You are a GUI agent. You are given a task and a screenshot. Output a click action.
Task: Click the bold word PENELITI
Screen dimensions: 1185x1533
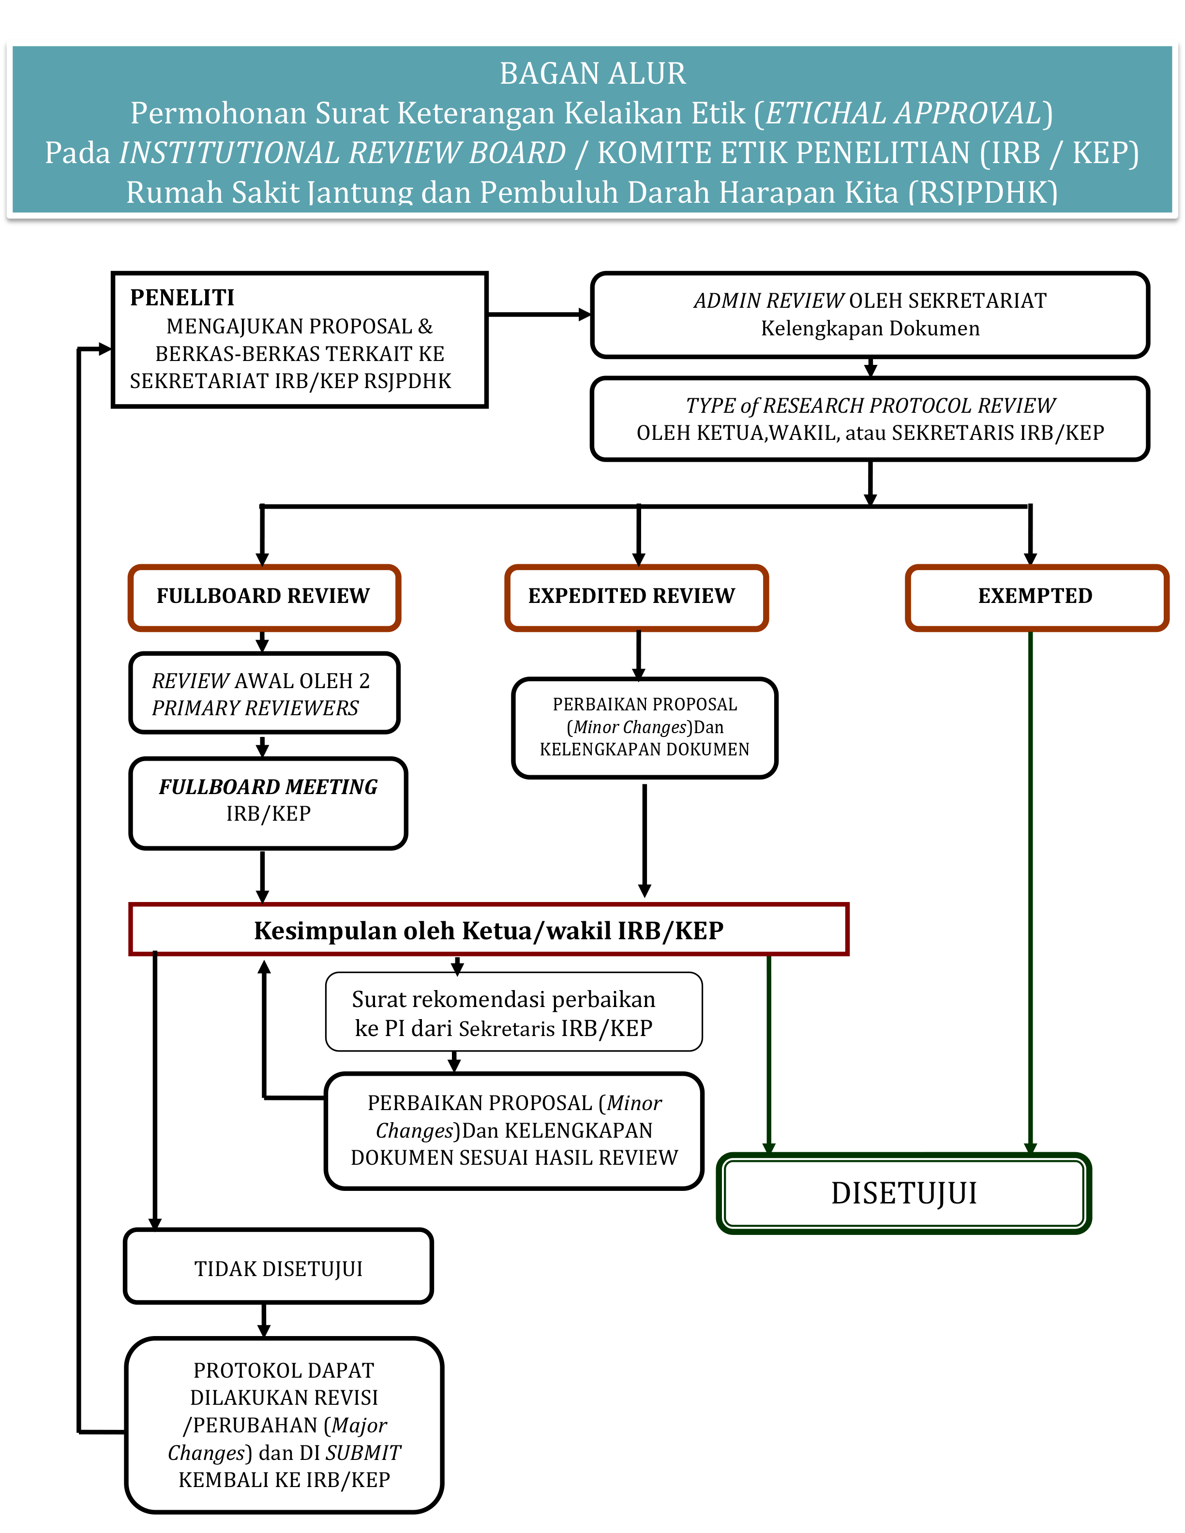click(182, 298)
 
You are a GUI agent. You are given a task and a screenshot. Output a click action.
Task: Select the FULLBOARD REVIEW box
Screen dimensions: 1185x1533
click(264, 597)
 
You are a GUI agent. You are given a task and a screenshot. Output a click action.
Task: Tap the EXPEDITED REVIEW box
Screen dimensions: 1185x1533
click(636, 597)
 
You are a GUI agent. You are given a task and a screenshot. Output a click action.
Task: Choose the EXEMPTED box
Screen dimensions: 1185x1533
click(1036, 597)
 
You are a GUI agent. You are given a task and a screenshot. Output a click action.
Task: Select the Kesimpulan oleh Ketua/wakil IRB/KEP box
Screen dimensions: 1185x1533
click(489, 930)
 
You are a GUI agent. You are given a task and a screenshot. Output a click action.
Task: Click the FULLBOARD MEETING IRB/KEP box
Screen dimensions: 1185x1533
click(268, 803)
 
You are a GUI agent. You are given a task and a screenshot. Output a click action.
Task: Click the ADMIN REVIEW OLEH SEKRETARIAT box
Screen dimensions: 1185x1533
click(870, 315)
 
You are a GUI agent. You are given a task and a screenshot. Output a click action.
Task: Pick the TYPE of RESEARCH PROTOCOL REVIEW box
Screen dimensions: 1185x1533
click(870, 419)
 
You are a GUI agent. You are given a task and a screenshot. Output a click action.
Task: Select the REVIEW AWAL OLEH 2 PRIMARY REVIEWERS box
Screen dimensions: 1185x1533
click(264, 693)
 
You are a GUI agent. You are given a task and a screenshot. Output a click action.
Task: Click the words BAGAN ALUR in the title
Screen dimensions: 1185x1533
click(592, 73)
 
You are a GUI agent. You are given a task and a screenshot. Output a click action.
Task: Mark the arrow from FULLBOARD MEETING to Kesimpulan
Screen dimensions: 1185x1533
click(263, 876)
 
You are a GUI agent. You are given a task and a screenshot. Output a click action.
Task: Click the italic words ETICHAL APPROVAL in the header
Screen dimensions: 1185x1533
click(903, 113)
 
